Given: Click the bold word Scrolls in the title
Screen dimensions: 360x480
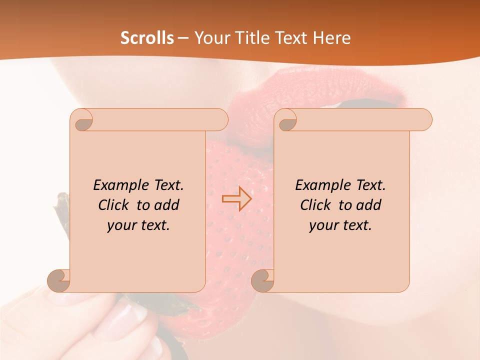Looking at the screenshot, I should pos(147,38).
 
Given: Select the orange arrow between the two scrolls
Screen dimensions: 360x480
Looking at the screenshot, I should pos(236,199).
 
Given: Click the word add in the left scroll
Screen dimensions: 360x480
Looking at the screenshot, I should pos(167,205).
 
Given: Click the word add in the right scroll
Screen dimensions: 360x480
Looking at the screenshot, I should pos(369,205).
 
